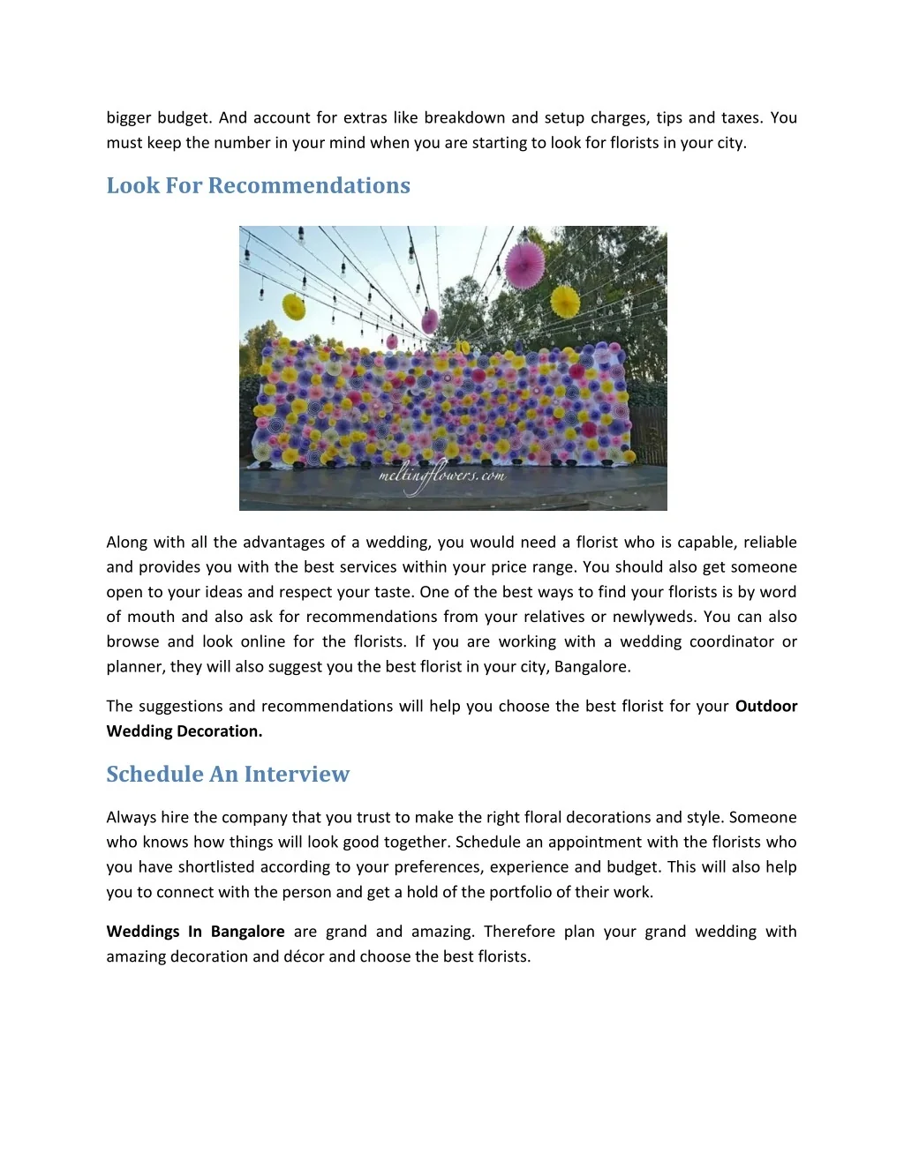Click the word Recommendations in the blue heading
(x=309, y=185)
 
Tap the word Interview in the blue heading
(x=297, y=774)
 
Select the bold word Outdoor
(x=766, y=706)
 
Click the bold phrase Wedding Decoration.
(x=185, y=731)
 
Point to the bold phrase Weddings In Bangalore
(x=195, y=931)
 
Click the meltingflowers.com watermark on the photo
(x=441, y=476)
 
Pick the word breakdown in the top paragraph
(x=464, y=117)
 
